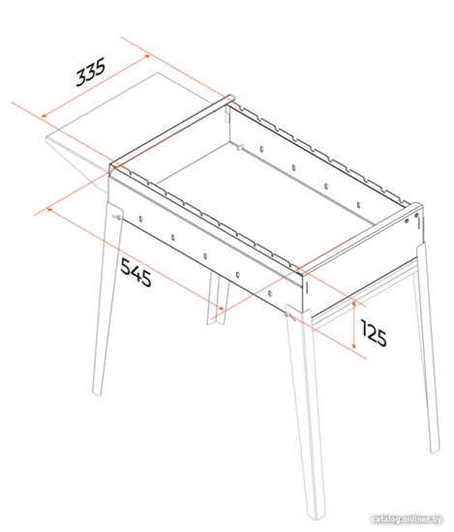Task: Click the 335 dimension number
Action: (90, 72)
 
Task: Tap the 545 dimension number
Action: (136, 272)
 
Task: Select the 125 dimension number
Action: (374, 333)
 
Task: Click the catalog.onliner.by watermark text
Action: (407, 519)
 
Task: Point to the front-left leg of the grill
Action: (106, 299)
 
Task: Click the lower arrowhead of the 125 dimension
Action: (354, 345)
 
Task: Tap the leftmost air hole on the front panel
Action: (140, 219)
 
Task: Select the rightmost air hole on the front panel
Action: (270, 293)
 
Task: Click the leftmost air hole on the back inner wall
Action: (261, 149)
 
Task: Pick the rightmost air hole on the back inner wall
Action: (358, 205)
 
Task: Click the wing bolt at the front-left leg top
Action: (117, 218)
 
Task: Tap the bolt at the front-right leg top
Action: (289, 315)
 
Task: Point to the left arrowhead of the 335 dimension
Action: (45, 116)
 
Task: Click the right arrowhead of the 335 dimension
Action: (147, 56)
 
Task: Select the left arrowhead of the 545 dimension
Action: (49, 210)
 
